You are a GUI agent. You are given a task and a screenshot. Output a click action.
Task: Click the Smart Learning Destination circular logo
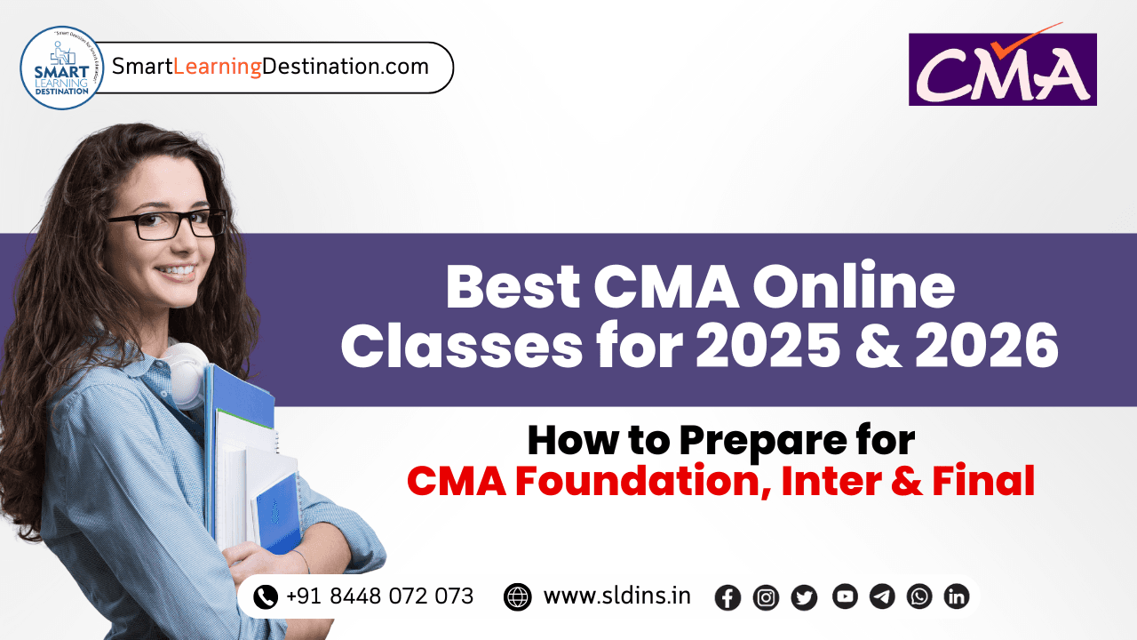tap(62, 68)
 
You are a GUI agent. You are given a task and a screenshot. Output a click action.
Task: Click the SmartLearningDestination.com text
tap(270, 67)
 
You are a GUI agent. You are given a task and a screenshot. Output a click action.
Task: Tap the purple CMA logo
tap(1002, 69)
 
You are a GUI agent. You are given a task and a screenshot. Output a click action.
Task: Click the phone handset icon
tap(265, 596)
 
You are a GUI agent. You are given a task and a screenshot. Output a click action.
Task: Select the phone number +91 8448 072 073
tap(379, 596)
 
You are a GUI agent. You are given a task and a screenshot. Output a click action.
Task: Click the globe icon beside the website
tap(517, 596)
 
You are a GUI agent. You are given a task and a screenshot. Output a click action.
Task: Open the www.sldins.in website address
tap(616, 596)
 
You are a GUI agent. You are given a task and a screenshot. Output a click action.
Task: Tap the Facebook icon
tap(728, 597)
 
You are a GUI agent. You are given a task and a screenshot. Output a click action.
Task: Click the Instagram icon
tap(766, 597)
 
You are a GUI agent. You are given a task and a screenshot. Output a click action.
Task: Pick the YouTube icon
tap(845, 596)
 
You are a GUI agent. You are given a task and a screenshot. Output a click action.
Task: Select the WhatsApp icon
tap(919, 596)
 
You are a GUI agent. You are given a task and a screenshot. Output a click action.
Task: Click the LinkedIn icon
tap(957, 596)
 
